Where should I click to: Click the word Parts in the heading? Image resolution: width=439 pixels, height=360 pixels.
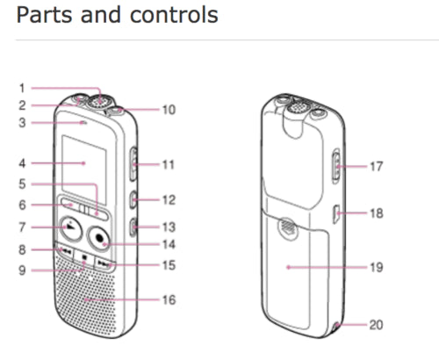click(x=45, y=15)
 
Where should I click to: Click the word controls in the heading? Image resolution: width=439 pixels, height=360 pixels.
click(x=174, y=15)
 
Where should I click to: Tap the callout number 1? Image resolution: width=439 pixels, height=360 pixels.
click(x=22, y=88)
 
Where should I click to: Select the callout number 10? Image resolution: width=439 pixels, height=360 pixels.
click(x=169, y=110)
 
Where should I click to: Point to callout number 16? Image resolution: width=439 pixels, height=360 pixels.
click(x=169, y=299)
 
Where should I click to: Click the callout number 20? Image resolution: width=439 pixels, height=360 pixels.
click(x=376, y=325)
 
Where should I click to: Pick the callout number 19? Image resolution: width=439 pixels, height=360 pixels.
click(x=377, y=267)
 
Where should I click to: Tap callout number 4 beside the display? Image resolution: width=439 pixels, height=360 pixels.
click(x=22, y=163)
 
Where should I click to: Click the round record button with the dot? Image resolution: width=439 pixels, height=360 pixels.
click(x=99, y=238)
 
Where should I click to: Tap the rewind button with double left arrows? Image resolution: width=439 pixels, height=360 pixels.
click(x=64, y=251)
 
